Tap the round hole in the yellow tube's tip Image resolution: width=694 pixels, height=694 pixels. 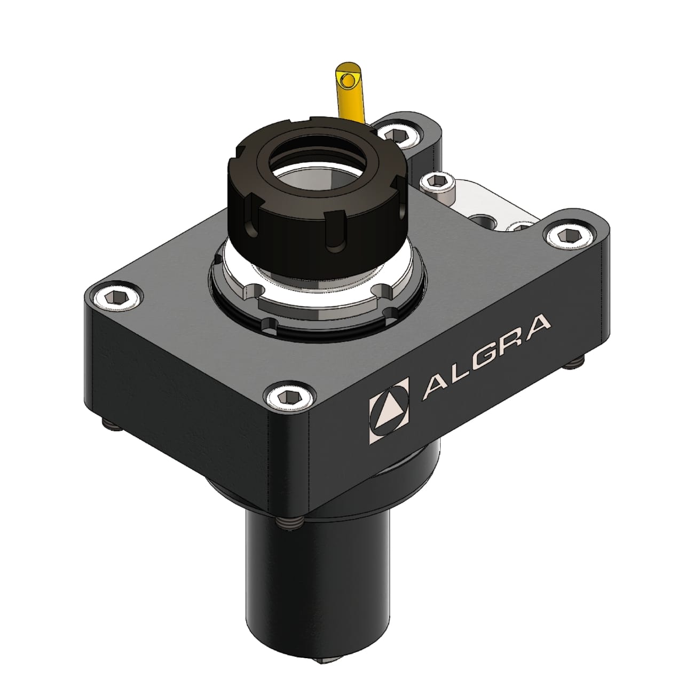348,81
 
